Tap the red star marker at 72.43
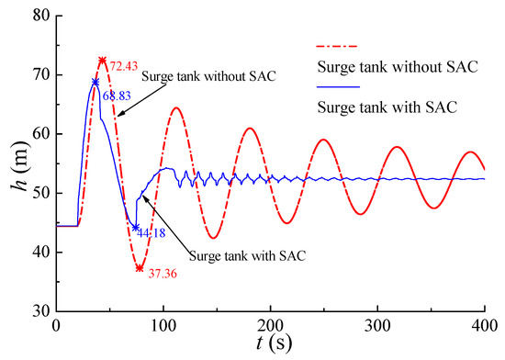(x=102, y=61)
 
